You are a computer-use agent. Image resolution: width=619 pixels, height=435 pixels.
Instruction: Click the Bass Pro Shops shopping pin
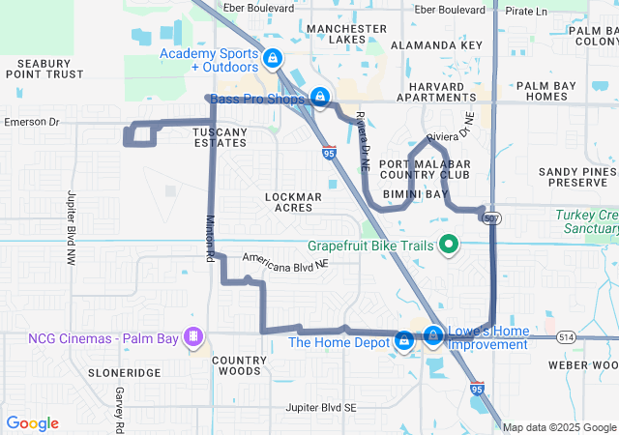pos(319,97)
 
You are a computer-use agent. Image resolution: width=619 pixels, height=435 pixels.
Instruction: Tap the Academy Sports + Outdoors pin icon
pos(274,58)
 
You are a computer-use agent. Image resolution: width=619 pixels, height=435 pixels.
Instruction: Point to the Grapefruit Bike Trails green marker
pos(448,246)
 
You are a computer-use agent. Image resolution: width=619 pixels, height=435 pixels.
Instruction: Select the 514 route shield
pos(566,336)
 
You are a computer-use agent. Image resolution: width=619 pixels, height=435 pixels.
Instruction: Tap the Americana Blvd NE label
pos(286,261)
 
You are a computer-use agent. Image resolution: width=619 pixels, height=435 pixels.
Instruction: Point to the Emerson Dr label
pos(32,123)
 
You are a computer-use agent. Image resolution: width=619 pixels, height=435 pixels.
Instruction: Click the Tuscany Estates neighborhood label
pos(220,137)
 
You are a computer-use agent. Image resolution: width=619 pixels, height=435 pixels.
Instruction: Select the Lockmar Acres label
pos(293,202)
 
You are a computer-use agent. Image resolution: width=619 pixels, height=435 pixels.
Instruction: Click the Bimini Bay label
pos(415,194)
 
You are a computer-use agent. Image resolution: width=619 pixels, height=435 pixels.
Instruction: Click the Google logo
pos(32,423)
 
